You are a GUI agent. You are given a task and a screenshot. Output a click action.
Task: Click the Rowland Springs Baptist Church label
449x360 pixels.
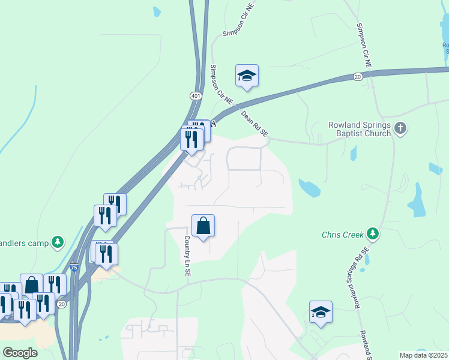click(x=360, y=129)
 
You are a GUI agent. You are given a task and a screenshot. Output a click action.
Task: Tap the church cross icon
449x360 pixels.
click(x=401, y=128)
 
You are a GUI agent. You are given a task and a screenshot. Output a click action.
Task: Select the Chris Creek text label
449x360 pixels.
click(x=343, y=234)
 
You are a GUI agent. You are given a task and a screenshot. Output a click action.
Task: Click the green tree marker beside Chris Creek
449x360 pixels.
click(x=373, y=234)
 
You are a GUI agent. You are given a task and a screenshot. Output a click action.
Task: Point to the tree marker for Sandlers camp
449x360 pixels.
click(x=58, y=242)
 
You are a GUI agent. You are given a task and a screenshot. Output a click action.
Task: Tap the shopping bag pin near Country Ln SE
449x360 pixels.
click(x=203, y=226)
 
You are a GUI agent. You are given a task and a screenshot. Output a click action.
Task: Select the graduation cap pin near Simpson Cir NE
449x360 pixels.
click(x=246, y=76)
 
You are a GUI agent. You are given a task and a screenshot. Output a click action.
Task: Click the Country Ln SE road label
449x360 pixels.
click(x=187, y=256)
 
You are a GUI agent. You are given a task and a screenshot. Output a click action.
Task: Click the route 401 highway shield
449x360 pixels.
click(x=196, y=96)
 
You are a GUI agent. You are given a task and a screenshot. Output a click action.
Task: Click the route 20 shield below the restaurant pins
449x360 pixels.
click(x=62, y=305)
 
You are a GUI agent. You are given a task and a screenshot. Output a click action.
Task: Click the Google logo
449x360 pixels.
click(x=20, y=353)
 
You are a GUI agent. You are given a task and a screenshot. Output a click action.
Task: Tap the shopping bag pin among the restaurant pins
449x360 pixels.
click(x=31, y=285)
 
